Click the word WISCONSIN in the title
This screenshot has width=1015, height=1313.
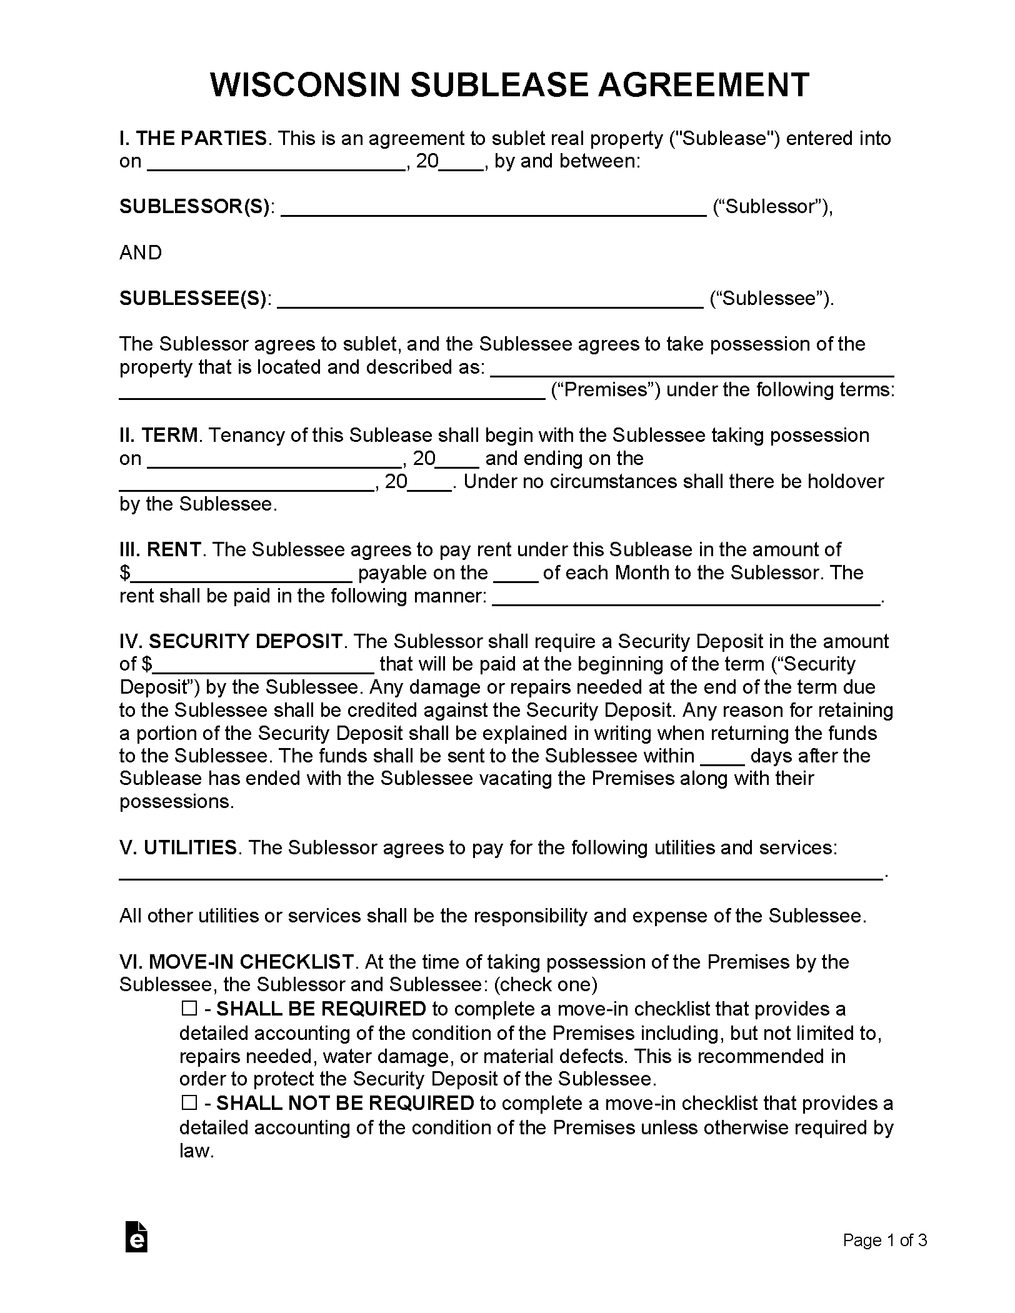tap(304, 85)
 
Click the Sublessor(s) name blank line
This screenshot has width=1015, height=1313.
tap(494, 210)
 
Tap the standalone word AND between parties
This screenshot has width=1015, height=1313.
tap(141, 252)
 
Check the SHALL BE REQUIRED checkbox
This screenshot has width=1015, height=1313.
tap(189, 1009)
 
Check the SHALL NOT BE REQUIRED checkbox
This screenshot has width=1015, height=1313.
tap(189, 1103)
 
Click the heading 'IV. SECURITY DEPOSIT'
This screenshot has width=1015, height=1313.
tap(231, 641)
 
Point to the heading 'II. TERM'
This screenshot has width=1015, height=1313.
tap(159, 435)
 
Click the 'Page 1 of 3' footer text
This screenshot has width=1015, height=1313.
tap(884, 1240)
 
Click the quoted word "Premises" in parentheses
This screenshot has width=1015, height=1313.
tap(606, 390)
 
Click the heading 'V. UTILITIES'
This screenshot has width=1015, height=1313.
tap(178, 847)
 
